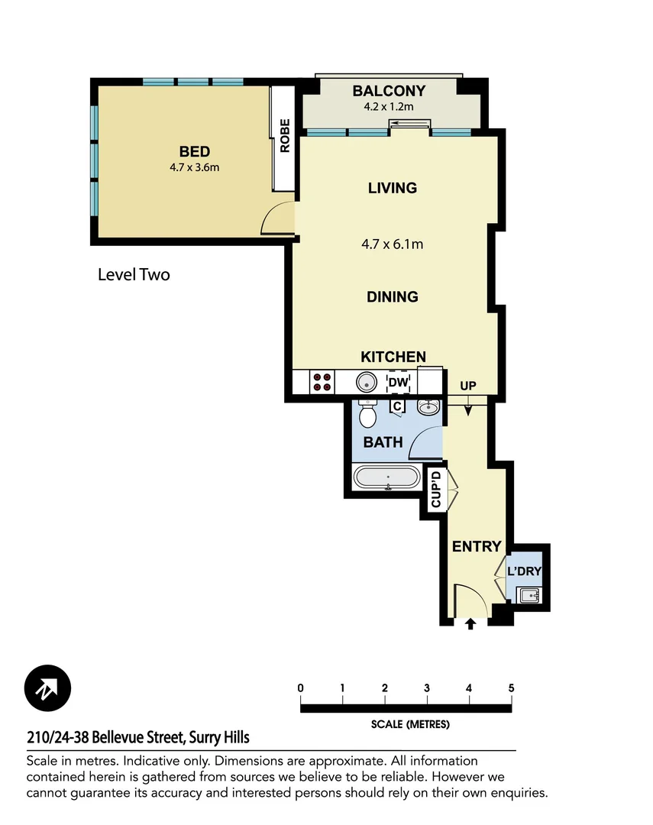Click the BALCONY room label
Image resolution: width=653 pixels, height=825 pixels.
point(389,92)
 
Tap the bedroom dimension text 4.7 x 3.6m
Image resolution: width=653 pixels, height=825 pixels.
point(194,167)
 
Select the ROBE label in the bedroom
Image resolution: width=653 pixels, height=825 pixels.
point(285,135)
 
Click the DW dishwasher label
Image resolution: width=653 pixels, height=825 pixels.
point(398,382)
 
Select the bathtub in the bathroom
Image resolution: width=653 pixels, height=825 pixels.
point(386,479)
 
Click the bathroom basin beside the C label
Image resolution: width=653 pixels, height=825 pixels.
point(430,406)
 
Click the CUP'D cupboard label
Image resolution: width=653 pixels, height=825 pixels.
point(435,489)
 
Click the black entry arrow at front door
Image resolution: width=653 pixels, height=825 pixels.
point(470,624)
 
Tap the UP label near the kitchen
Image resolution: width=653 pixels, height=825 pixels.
point(468,387)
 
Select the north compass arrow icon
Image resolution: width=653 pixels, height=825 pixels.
point(47,688)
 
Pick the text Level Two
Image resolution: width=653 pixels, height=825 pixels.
point(134,274)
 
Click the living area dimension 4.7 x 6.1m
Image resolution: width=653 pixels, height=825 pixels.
point(393,244)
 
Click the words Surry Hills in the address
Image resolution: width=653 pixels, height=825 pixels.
point(218,738)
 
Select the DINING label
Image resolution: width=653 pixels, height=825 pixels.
point(393,296)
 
